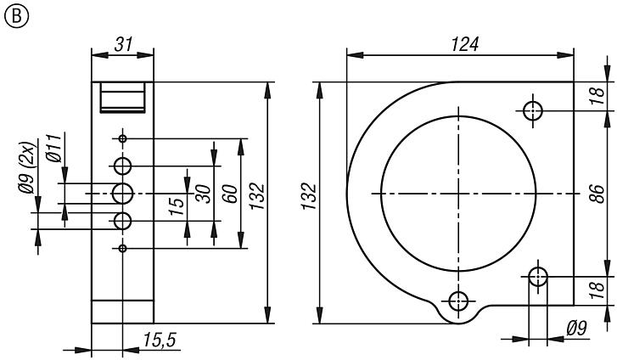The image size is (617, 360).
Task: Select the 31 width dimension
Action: click(x=124, y=44)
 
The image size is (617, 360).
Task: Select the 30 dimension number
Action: click(x=204, y=194)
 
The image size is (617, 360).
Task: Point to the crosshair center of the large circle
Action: click(x=458, y=194)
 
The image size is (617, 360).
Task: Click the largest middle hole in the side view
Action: click(x=123, y=193)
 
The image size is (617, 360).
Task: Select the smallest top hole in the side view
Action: click(x=123, y=138)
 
